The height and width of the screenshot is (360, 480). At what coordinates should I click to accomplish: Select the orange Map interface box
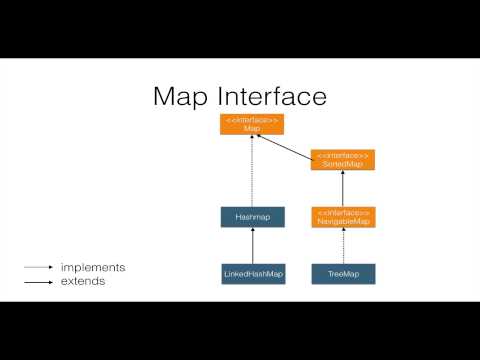click(x=252, y=124)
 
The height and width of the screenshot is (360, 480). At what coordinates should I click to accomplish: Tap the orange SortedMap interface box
click(x=343, y=159)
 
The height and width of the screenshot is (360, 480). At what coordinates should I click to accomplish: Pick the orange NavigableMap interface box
click(x=343, y=216)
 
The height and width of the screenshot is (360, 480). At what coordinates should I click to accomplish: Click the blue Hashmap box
click(x=252, y=216)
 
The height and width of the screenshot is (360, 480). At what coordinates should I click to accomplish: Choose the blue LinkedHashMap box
click(x=252, y=272)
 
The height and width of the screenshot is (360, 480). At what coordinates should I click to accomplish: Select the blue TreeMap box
click(x=343, y=272)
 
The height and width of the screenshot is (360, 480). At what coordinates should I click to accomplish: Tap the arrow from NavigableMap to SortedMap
click(x=343, y=187)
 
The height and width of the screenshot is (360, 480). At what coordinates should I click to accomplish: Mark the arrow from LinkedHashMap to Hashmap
click(x=252, y=244)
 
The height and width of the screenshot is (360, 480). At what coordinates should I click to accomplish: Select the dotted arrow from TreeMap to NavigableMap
click(x=343, y=244)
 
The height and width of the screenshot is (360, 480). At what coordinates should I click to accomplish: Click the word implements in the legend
click(x=93, y=268)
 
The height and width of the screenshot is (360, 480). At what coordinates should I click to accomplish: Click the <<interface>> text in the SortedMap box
click(x=343, y=155)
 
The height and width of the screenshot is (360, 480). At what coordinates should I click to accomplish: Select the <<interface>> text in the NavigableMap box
click(x=343, y=212)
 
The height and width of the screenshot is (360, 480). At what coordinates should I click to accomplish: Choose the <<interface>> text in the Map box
click(x=252, y=119)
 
